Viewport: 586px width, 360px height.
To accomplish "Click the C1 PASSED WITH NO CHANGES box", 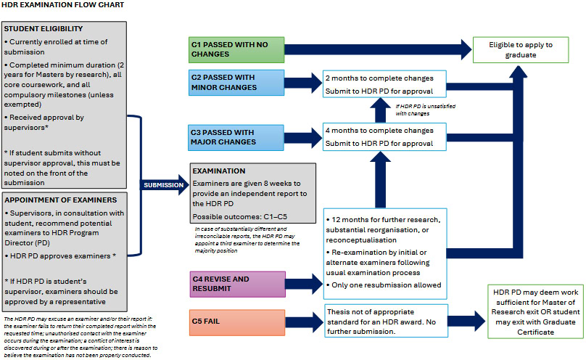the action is click(236, 50).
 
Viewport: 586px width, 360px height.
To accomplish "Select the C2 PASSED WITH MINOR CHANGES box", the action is click(236, 82).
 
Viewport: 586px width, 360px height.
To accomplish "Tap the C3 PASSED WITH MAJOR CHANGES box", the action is click(236, 138).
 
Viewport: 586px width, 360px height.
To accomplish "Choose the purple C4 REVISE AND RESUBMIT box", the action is click(238, 284).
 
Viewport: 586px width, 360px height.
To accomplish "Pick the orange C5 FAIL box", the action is click(237, 322).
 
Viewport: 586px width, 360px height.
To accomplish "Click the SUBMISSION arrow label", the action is click(164, 185).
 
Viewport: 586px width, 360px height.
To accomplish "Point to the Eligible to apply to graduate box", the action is click(521, 50).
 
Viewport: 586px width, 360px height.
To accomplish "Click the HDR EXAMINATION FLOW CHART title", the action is click(63, 5).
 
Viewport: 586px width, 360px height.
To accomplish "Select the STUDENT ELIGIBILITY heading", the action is click(44, 29).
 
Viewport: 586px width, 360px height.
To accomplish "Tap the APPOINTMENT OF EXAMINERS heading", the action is click(60, 200).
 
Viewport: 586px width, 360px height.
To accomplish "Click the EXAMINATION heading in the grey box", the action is click(219, 171).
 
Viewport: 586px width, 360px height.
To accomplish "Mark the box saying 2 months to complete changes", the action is click(384, 83).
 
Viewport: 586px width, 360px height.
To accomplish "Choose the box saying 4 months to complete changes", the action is click(384, 137).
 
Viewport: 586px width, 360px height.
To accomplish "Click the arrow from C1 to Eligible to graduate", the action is click(378, 49).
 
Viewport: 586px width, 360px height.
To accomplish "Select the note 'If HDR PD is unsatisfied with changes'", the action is click(426, 110).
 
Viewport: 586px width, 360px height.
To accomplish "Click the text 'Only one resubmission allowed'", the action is click(384, 285).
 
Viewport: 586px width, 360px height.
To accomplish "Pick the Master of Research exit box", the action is click(535, 312).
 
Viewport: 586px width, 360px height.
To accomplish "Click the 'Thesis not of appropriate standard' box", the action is click(386, 321).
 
